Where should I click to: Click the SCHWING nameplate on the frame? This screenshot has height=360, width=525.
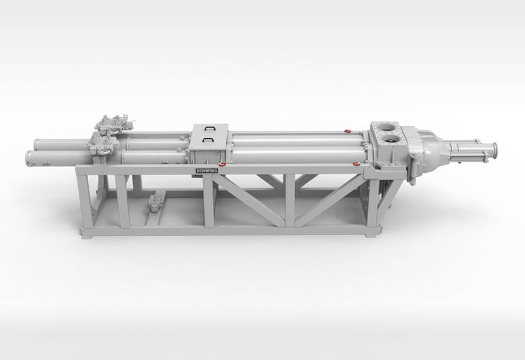coord(206,171)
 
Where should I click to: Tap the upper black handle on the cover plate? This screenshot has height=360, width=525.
coord(209,128)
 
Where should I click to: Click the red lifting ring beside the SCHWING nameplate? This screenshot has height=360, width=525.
coord(222,164)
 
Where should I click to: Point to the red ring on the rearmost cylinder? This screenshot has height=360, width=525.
coord(348,131)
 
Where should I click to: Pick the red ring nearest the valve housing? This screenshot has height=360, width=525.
coord(356,164)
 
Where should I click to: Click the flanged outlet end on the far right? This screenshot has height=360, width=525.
coord(494,151)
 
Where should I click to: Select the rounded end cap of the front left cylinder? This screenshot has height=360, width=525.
coord(30,158)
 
